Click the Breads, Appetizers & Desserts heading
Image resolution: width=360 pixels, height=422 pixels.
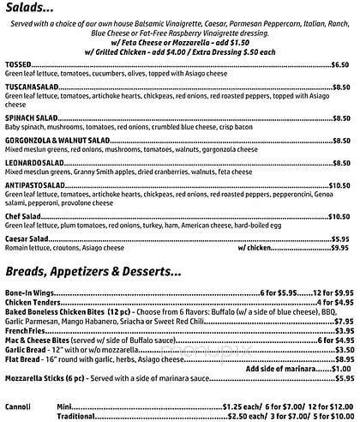[x=93, y=273]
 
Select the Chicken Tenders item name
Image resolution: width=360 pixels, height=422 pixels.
[x=33, y=303]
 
